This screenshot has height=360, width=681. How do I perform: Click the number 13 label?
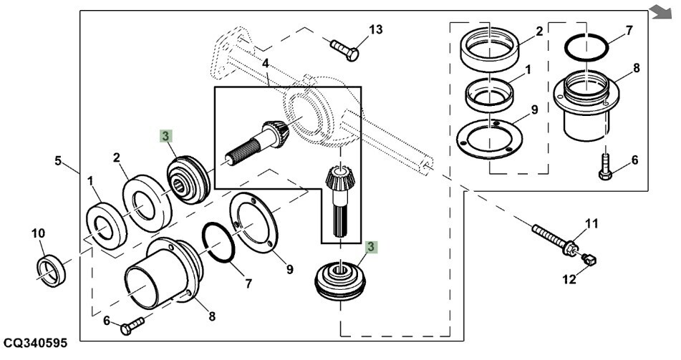click(375, 29)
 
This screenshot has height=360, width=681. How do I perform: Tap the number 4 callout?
click(265, 64)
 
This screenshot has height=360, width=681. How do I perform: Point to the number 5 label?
click(58, 161)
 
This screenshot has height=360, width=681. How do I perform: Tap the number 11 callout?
click(591, 225)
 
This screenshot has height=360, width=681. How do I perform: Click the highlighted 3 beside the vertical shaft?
click(370, 247)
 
